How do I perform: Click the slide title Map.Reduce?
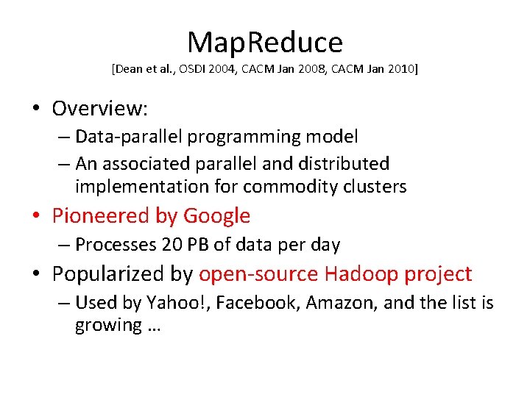265,43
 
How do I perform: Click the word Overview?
100,109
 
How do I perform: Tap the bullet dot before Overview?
35,110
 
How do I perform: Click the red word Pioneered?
100,216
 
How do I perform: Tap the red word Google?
216,216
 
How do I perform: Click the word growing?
107,326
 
